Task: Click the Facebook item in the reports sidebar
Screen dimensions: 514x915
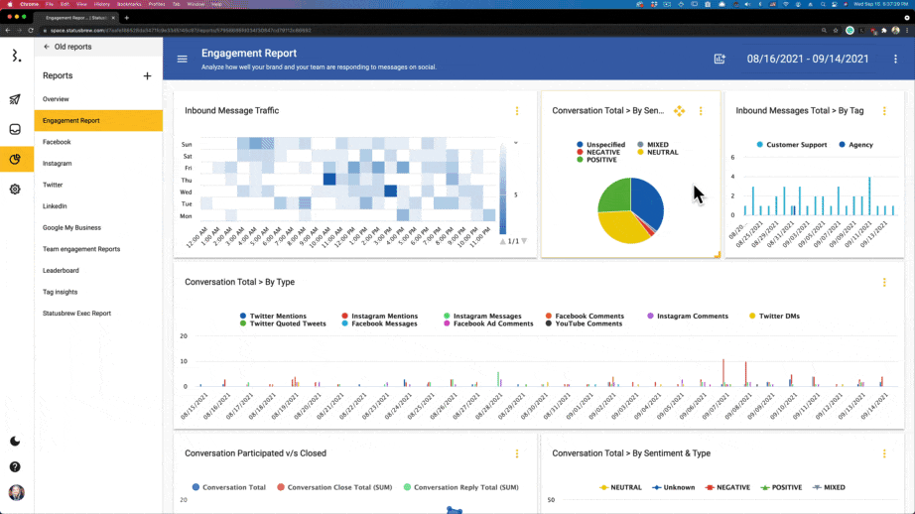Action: coord(57,142)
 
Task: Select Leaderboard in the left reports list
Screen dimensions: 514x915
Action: coord(61,270)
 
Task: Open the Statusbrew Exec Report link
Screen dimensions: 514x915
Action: coord(76,313)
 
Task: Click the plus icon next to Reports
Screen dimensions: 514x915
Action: coord(147,76)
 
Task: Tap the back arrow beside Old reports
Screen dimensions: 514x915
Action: coord(47,47)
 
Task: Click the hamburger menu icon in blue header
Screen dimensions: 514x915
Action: coord(182,59)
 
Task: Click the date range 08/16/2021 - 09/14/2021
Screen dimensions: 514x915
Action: coord(807,59)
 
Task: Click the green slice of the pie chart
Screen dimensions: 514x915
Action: coord(612,194)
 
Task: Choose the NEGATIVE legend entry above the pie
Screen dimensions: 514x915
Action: coord(601,152)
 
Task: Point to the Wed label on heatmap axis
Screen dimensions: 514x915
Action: coord(186,192)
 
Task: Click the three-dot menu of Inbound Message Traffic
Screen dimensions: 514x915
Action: coord(517,111)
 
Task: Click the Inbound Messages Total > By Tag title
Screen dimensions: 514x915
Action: coord(799,111)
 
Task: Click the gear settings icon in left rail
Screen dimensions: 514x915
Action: coord(15,189)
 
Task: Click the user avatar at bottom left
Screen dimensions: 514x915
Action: coord(16,492)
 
